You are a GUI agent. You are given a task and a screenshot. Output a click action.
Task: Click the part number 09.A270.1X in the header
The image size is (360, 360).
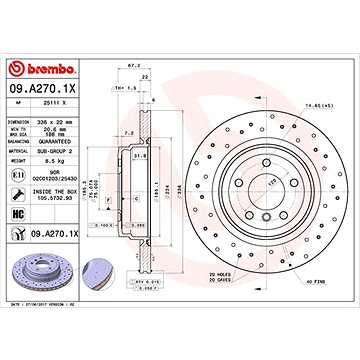click(45, 62)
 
